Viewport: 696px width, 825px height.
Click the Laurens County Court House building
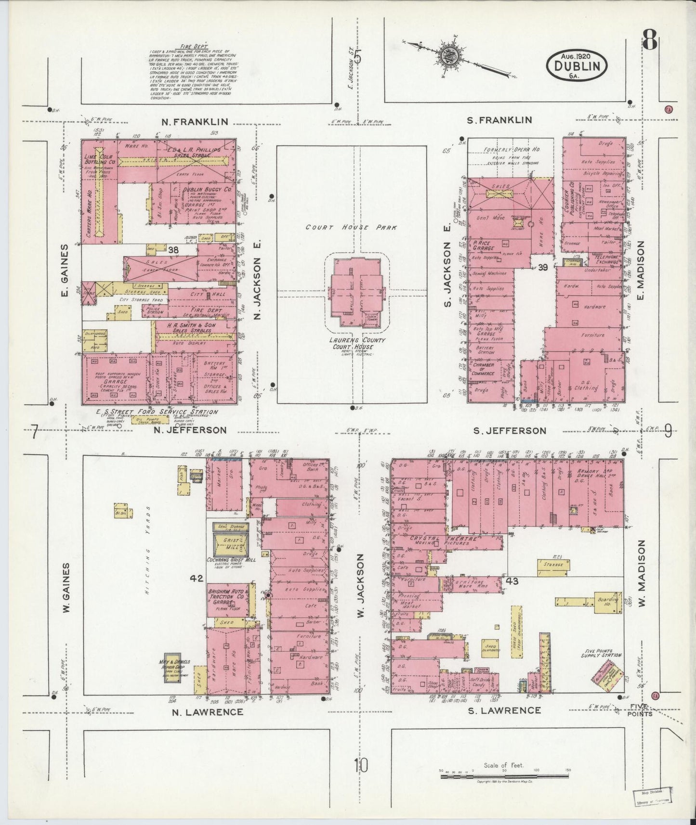pyautogui.click(x=357, y=292)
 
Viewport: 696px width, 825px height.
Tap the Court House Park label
pyautogui.click(x=352, y=227)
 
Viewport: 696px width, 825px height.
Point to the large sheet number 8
pyautogui.click(x=650, y=41)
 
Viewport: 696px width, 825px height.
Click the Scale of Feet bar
pyautogui.click(x=504, y=776)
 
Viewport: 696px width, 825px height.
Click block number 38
pyautogui.click(x=173, y=249)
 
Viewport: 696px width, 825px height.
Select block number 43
pyautogui.click(x=512, y=581)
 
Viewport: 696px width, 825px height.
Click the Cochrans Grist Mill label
pyautogui.click(x=230, y=560)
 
